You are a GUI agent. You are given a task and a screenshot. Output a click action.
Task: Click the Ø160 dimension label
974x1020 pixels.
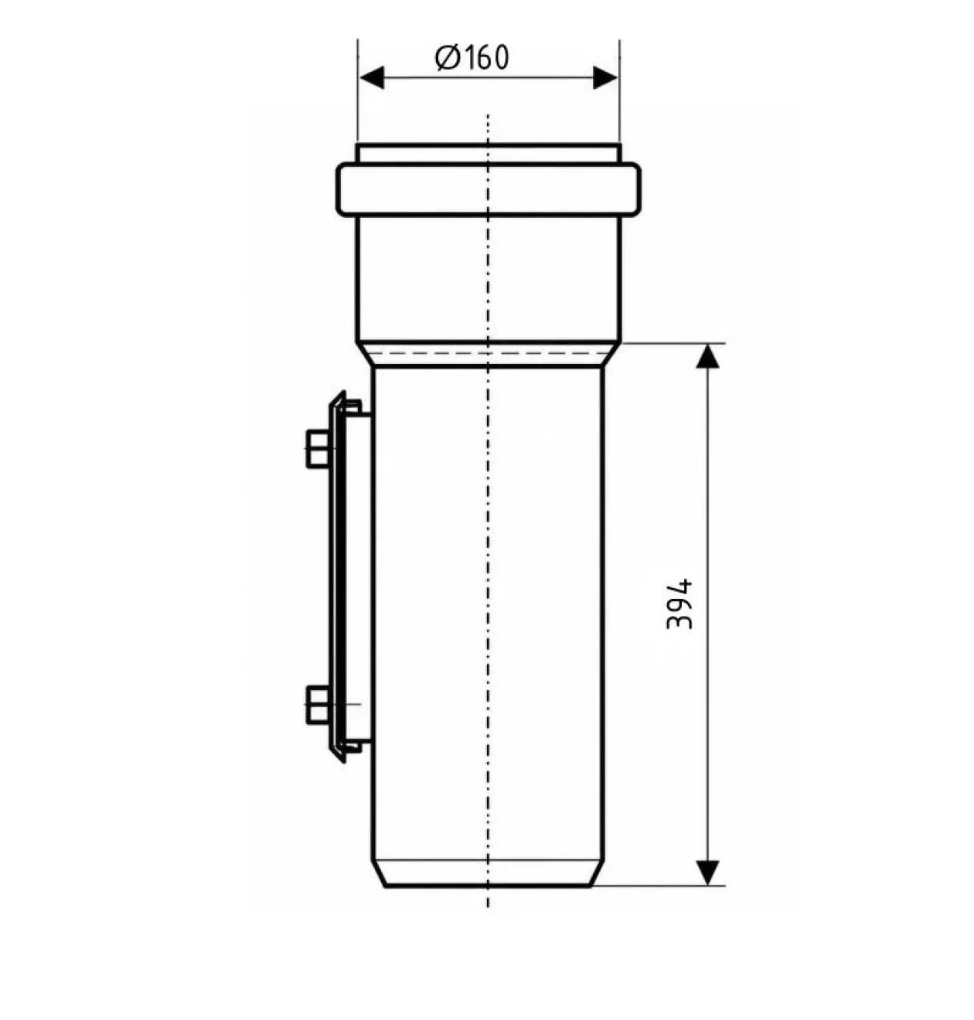coord(472,58)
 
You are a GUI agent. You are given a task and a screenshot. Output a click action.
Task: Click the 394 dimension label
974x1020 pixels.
coord(679,604)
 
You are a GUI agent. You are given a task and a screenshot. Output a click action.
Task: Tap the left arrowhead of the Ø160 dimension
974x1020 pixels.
coord(372,78)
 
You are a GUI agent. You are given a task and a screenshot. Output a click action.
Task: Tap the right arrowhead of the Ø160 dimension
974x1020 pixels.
coord(605,78)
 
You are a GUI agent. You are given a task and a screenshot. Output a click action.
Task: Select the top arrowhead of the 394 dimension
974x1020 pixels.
coord(707,356)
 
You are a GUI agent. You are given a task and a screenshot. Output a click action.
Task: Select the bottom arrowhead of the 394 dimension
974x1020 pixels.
coord(707,872)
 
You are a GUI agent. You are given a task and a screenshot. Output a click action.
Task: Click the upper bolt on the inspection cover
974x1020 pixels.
coord(318,449)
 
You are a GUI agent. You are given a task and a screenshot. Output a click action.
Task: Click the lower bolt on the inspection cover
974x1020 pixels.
coord(318,704)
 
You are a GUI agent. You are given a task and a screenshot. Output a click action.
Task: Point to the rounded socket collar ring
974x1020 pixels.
coord(488,189)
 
